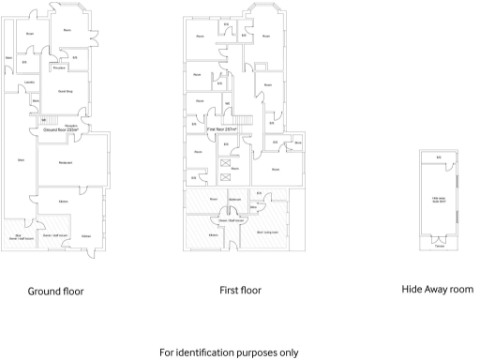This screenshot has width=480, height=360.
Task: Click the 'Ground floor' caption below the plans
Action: (55, 291)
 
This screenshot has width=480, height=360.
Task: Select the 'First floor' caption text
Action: (239, 291)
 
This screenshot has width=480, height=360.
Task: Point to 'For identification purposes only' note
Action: (240, 352)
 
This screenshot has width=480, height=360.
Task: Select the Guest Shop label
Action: (66, 91)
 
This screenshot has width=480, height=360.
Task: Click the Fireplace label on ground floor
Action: (58, 67)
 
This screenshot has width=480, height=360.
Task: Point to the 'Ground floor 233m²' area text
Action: (59, 129)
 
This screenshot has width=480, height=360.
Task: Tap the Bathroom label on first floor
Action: (235, 200)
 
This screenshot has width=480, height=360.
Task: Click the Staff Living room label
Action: (268, 229)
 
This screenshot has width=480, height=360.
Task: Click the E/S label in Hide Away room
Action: (438, 156)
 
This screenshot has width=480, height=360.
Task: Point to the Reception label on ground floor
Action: (70, 123)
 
